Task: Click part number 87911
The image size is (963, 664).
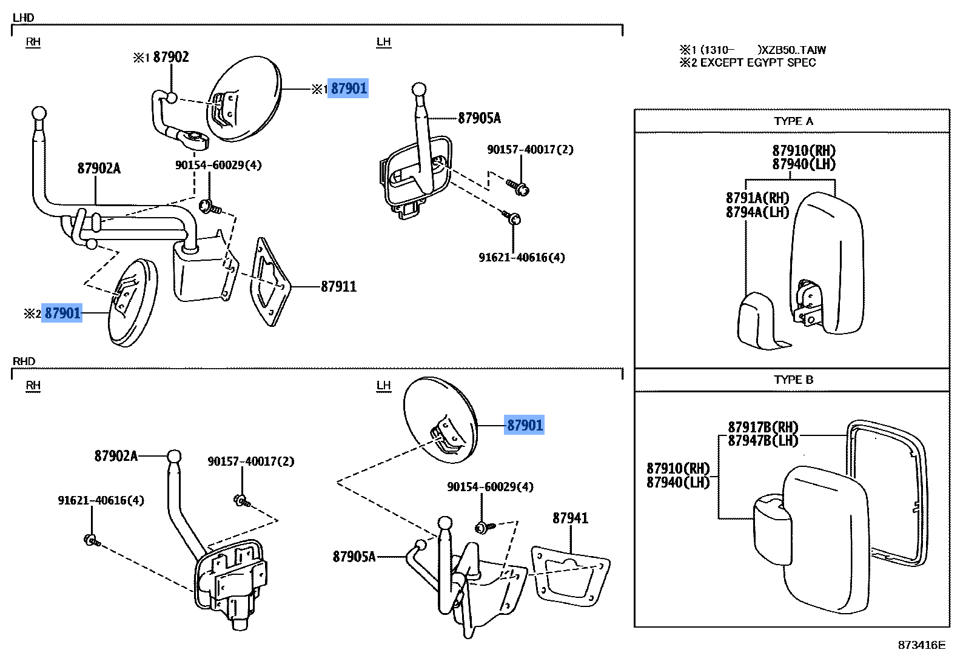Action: [338, 286]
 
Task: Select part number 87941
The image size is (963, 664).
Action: [570, 518]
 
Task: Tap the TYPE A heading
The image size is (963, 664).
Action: [793, 121]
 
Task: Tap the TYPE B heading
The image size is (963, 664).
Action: [793, 380]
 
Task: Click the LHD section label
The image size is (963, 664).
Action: [24, 18]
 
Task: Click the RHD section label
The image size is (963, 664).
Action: [24, 361]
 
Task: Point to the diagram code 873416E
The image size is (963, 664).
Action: [921, 645]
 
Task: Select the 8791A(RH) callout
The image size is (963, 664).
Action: [757, 198]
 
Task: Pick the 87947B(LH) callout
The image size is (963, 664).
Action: [763, 441]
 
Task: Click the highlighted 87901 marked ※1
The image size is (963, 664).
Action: [348, 89]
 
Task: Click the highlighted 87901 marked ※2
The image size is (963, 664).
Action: [62, 313]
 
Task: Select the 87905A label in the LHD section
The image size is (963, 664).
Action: [479, 118]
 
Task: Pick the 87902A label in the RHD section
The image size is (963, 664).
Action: [116, 456]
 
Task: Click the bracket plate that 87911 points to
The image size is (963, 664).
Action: [270, 282]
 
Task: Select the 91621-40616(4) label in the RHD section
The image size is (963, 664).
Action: [101, 501]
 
